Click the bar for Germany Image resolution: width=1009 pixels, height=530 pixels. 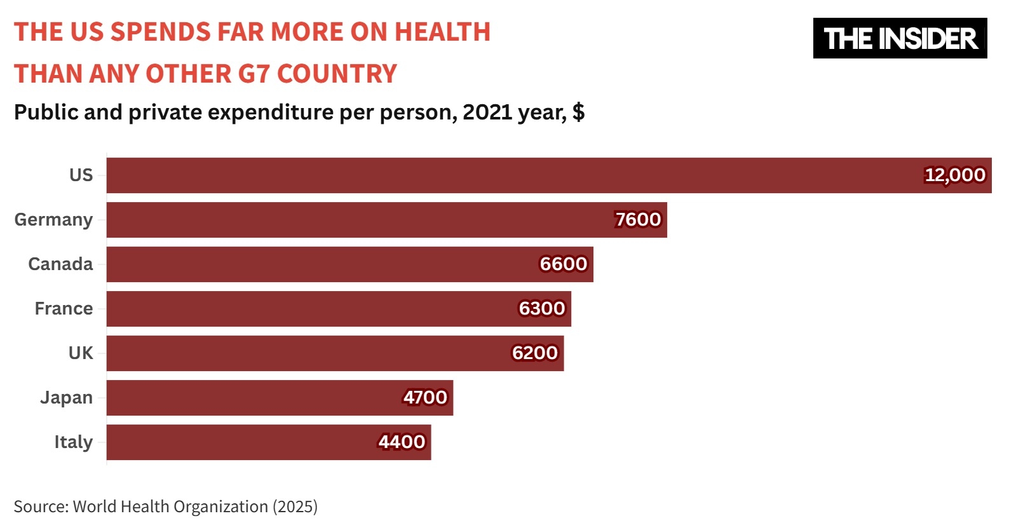(386, 220)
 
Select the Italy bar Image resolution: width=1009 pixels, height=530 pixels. (268, 442)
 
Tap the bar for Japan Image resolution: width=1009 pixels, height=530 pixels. (280, 398)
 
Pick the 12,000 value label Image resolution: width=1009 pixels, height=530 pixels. (955, 175)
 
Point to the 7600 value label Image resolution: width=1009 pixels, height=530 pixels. (638, 219)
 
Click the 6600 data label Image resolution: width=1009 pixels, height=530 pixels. (563, 264)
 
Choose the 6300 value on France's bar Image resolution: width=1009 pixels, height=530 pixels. (541, 308)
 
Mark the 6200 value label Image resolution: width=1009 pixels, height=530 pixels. (534, 353)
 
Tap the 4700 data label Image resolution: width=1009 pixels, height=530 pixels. (425, 397)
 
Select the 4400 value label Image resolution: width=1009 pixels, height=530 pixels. (402, 442)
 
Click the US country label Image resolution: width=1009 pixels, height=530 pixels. (81, 175)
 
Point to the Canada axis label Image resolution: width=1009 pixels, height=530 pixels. (60, 264)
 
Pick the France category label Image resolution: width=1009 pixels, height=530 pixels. (64, 308)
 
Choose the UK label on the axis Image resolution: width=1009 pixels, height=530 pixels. (81, 353)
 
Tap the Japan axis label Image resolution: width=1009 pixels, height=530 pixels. (66, 398)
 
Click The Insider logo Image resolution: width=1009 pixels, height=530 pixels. (900, 38)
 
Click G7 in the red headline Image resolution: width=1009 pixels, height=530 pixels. (254, 74)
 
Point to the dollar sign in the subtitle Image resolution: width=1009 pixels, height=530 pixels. (578, 112)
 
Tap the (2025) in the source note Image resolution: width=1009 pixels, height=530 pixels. (295, 506)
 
